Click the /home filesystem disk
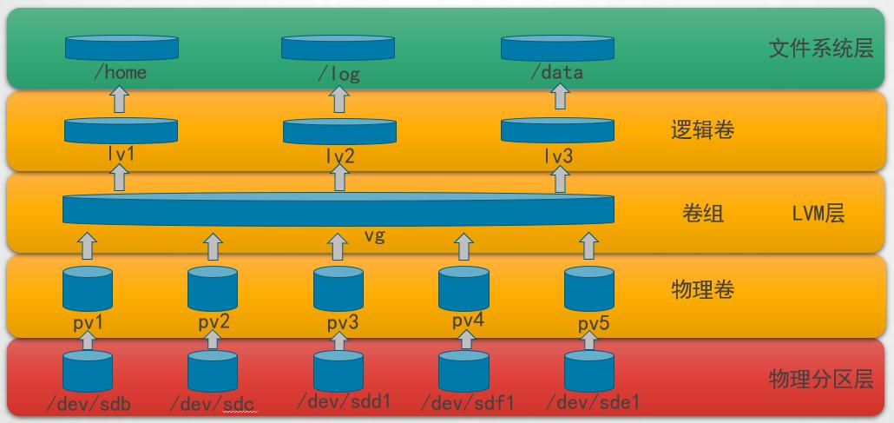pyautogui.click(x=121, y=48)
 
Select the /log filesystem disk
pyautogui.click(x=338, y=48)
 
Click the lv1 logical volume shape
pyautogui.click(x=121, y=131)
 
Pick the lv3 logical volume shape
pyautogui.click(x=558, y=131)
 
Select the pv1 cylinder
pyautogui.click(x=88, y=289)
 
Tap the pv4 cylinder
pyautogui.click(x=463, y=289)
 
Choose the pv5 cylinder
pyautogui.click(x=589, y=289)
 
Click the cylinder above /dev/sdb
pyautogui.click(x=88, y=371)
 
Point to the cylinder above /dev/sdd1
pyautogui.click(x=339, y=371)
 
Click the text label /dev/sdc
pyautogui.click(x=213, y=404)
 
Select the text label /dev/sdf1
pyautogui.click(x=468, y=403)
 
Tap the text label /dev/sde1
pyautogui.click(x=594, y=402)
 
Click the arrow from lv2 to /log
pyautogui.click(x=339, y=101)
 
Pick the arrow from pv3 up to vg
pyautogui.click(x=339, y=246)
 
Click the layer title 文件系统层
pyautogui.click(x=820, y=49)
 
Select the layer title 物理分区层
pyautogui.click(x=820, y=380)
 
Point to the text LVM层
pyautogui.click(x=818, y=214)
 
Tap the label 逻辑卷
pyautogui.click(x=703, y=131)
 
